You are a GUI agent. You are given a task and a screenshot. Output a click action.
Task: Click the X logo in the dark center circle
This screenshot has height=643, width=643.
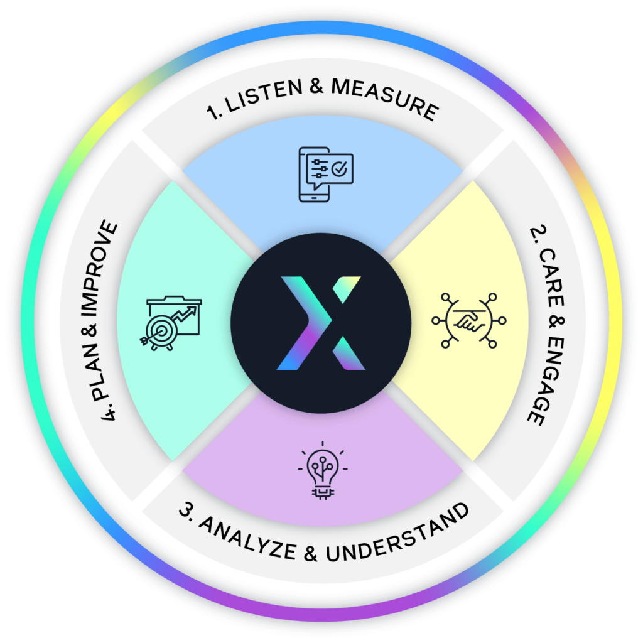[321, 323]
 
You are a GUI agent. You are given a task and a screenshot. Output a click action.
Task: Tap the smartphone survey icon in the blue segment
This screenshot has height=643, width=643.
[326, 175]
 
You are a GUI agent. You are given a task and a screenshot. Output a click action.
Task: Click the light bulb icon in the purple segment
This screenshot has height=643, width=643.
[323, 471]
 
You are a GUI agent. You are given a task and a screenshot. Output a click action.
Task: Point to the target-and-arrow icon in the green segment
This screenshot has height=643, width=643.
[171, 323]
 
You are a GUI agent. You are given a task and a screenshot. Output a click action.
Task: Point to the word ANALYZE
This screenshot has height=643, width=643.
[247, 538]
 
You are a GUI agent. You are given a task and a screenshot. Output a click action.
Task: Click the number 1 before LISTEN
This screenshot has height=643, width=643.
[213, 112]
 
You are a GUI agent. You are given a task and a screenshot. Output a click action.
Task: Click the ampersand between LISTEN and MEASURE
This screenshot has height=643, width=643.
[316, 86]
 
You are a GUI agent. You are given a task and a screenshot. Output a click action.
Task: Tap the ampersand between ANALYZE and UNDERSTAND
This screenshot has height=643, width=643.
[311, 554]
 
